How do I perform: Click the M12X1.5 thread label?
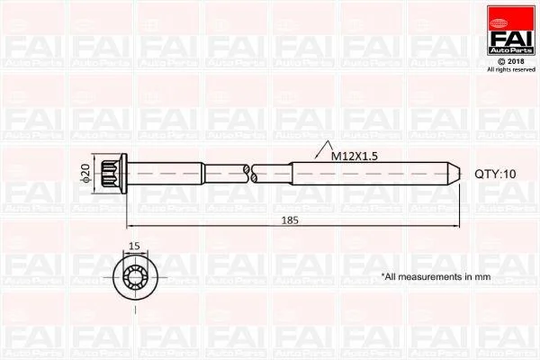click(x=354, y=156)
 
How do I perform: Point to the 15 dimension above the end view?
click(x=133, y=246)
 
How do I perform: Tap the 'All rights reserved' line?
click(x=510, y=69)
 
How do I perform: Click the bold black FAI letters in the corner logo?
click(x=510, y=33)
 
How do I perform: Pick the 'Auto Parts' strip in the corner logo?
click(x=510, y=48)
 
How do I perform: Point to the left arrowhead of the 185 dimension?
click(x=130, y=226)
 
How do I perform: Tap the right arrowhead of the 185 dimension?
click(x=456, y=226)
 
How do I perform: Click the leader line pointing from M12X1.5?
click(x=311, y=157)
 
